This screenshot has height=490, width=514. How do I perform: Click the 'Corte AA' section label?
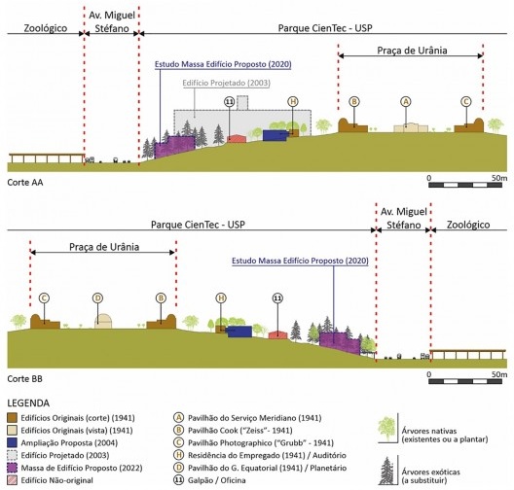(x=25, y=183)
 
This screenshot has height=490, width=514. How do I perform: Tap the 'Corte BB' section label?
(x=25, y=379)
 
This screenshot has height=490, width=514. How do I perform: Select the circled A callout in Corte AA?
(x=406, y=102)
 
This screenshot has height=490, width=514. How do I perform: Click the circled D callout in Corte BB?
(x=97, y=298)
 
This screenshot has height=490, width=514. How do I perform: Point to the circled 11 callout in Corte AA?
(x=230, y=102)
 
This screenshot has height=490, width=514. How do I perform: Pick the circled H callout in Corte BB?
(x=221, y=298)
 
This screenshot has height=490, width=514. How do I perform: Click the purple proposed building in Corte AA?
(x=174, y=146)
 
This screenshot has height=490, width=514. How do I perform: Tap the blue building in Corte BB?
(x=239, y=332)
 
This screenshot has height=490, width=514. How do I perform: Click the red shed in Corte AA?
(x=237, y=138)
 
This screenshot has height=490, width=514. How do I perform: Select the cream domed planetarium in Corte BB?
(x=103, y=321)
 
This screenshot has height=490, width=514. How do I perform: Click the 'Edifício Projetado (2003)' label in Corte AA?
(x=226, y=83)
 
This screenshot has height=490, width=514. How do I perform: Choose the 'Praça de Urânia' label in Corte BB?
(x=104, y=247)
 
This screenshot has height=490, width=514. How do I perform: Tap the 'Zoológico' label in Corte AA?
(x=46, y=28)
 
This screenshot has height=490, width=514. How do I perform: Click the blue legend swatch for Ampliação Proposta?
(x=12, y=443)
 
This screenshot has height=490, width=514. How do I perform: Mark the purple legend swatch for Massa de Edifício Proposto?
(x=12, y=468)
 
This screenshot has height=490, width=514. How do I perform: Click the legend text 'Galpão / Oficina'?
(x=217, y=480)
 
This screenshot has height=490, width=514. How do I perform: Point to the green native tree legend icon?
(x=386, y=429)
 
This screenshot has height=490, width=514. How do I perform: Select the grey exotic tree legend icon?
(x=386, y=471)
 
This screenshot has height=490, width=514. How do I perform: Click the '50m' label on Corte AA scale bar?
(x=499, y=178)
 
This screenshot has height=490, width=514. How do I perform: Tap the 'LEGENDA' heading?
(x=28, y=402)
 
